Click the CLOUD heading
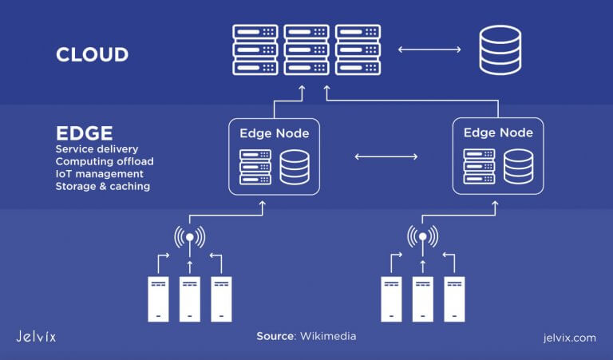92,54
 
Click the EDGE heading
84,132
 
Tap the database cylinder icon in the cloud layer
499,50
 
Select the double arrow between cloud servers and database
429,50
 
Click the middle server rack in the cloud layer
307,50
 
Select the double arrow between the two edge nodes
386,156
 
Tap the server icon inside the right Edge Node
479,166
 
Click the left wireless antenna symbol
189,237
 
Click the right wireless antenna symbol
422,237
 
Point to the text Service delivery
97,149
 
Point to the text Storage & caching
102,186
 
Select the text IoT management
100,174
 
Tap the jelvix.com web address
567,337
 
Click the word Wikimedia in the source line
328,337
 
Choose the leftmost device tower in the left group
158,299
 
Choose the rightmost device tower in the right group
454,299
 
